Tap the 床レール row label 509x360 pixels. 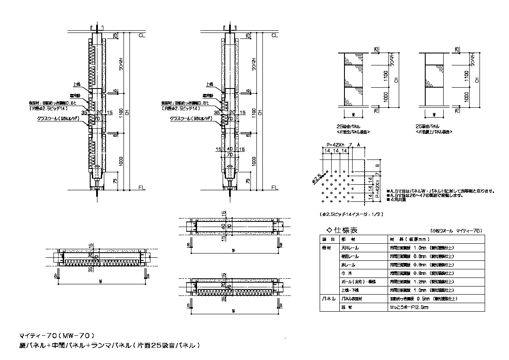click(347, 265)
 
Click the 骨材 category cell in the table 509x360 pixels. click(327, 248)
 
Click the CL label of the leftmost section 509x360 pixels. click(141, 35)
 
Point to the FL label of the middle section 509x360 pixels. click(274, 188)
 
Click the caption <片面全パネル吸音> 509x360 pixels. click(353, 133)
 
